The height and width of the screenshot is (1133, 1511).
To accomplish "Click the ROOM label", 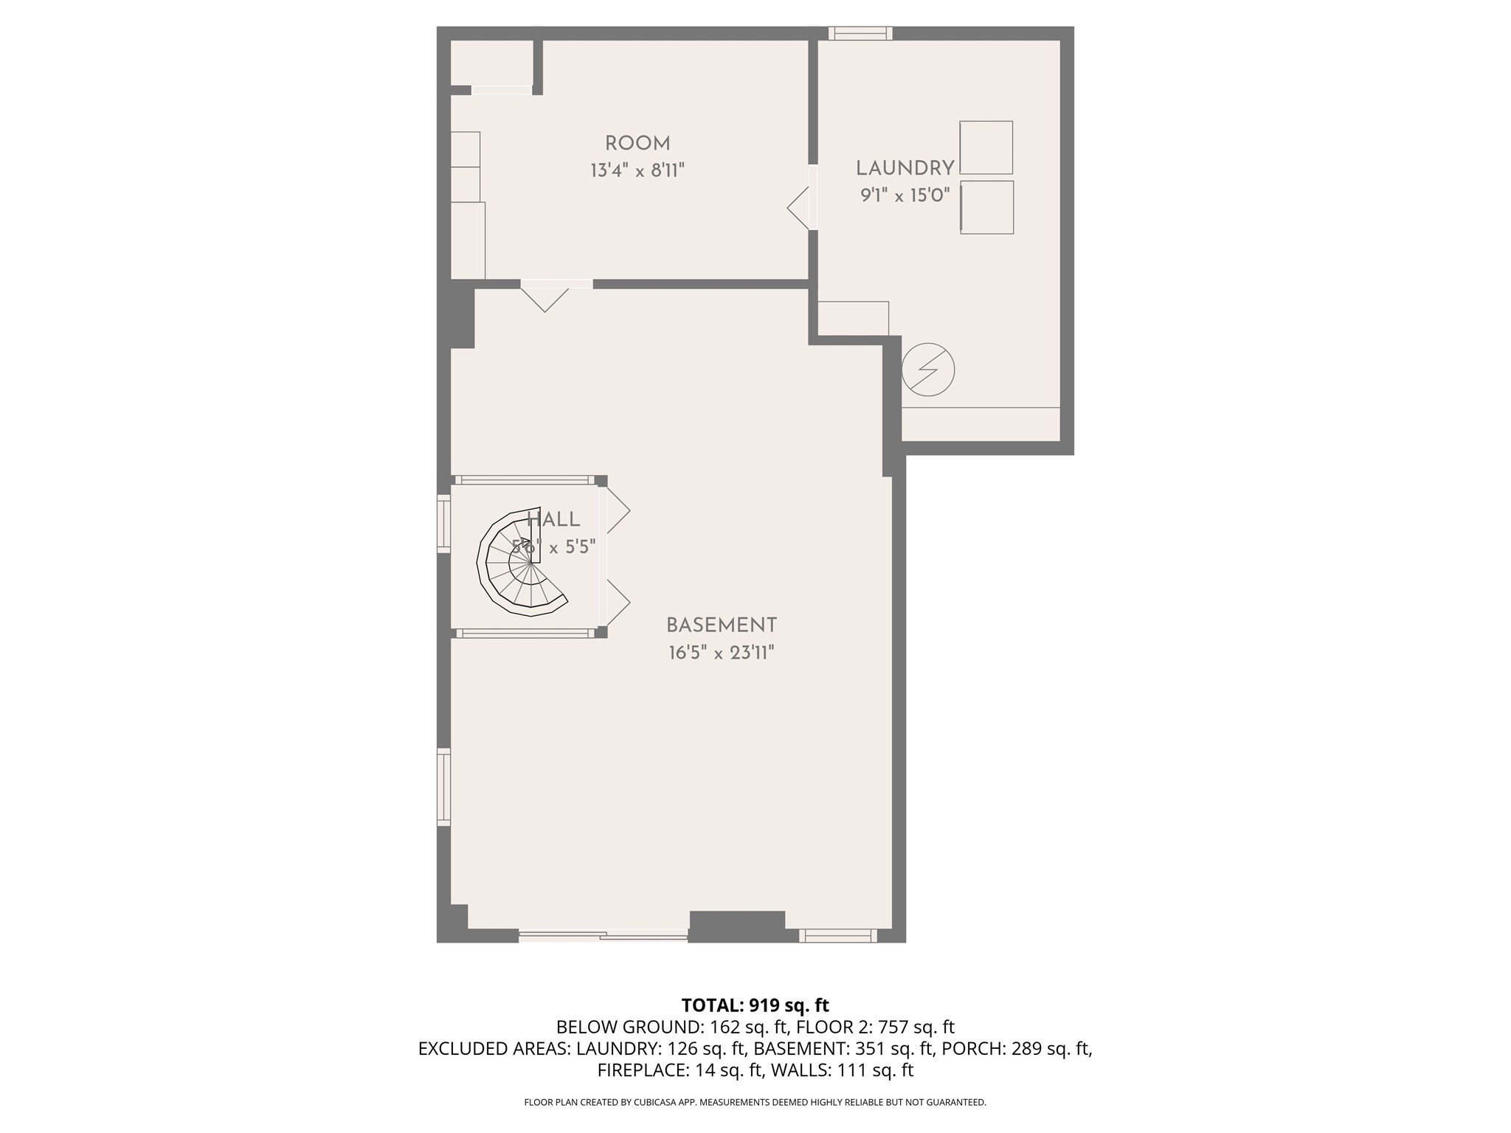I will (x=637, y=144).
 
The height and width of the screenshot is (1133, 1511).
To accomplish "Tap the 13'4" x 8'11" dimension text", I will (x=637, y=171).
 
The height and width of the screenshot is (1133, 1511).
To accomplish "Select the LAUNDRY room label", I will (x=905, y=168).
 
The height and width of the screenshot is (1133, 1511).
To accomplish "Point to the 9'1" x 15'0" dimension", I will (x=905, y=195).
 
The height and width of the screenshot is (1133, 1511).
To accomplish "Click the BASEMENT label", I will (x=721, y=626).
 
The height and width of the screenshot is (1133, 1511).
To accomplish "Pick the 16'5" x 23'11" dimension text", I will (x=721, y=653).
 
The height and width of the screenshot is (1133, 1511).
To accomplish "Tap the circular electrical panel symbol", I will (x=928, y=370).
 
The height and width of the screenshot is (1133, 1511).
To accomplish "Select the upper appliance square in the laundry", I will (x=986, y=148).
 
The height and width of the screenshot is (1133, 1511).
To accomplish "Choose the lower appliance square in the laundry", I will (x=986, y=207).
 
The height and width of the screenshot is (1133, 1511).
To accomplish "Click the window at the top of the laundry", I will (x=860, y=33).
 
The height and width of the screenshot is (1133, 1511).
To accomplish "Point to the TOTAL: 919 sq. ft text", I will (x=755, y=1005).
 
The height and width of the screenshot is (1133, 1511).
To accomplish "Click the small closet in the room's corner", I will (x=491, y=63).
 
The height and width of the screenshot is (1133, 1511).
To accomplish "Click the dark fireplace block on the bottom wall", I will (x=736, y=926).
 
